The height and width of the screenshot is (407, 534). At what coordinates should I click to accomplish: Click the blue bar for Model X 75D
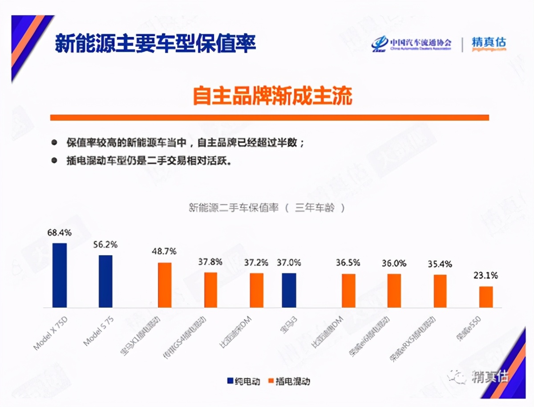point(60,275)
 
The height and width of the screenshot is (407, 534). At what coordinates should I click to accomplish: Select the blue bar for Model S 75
point(105,281)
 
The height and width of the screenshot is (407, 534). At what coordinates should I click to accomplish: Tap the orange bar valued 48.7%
point(165,285)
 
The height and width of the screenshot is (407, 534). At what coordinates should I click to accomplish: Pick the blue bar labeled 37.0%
point(289,290)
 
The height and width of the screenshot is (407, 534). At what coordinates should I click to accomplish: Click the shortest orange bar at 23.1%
point(486,297)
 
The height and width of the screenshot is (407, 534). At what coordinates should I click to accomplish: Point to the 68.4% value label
point(59,232)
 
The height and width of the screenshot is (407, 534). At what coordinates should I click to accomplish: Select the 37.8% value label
point(210,261)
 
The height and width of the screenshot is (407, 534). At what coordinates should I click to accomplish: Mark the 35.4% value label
point(440,264)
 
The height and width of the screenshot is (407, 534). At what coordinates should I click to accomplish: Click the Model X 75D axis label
point(50,334)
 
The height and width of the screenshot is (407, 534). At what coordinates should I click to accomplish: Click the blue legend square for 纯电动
point(230,381)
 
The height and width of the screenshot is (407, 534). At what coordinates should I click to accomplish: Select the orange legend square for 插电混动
point(271,381)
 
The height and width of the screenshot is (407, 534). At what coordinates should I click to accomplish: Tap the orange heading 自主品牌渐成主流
point(272,96)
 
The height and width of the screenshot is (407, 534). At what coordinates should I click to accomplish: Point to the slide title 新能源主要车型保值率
point(155,43)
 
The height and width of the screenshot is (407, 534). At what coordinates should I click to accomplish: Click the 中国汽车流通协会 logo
point(412,44)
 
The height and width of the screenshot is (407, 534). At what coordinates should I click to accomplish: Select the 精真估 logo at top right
point(489,44)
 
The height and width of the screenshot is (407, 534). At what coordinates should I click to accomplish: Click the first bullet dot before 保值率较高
point(54,142)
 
